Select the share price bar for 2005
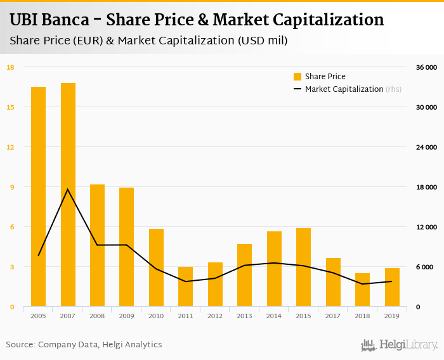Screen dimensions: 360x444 pos(38,196)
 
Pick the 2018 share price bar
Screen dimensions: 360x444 pos(362,290)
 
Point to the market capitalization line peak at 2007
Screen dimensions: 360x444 pos(68,189)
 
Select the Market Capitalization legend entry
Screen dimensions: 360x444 pos(343,89)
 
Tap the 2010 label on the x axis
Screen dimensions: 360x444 pos(156,316)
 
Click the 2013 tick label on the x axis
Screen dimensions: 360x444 pos(244,316)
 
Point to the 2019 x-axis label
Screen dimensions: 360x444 pos(392,316)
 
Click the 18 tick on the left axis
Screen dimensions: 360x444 pos(10,67)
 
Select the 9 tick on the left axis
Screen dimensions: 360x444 pos(11,187)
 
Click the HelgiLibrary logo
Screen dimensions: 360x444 pos(399,345)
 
